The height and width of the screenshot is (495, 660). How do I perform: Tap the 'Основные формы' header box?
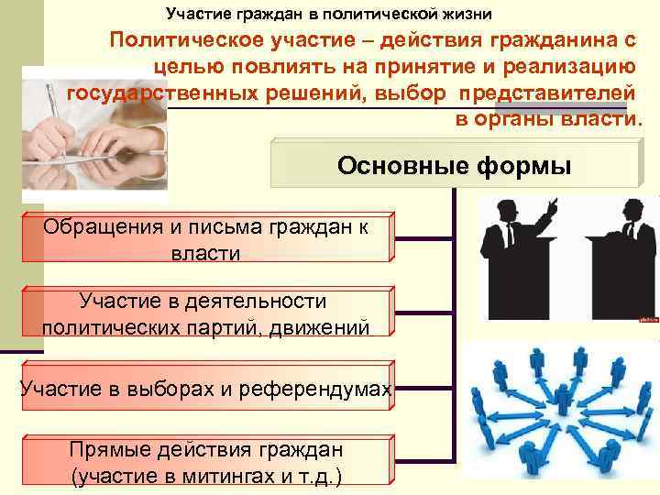pos(453,166)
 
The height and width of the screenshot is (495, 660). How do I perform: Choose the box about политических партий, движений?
pos(206,313)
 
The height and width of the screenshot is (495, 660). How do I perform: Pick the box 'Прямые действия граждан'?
pos(206,462)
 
